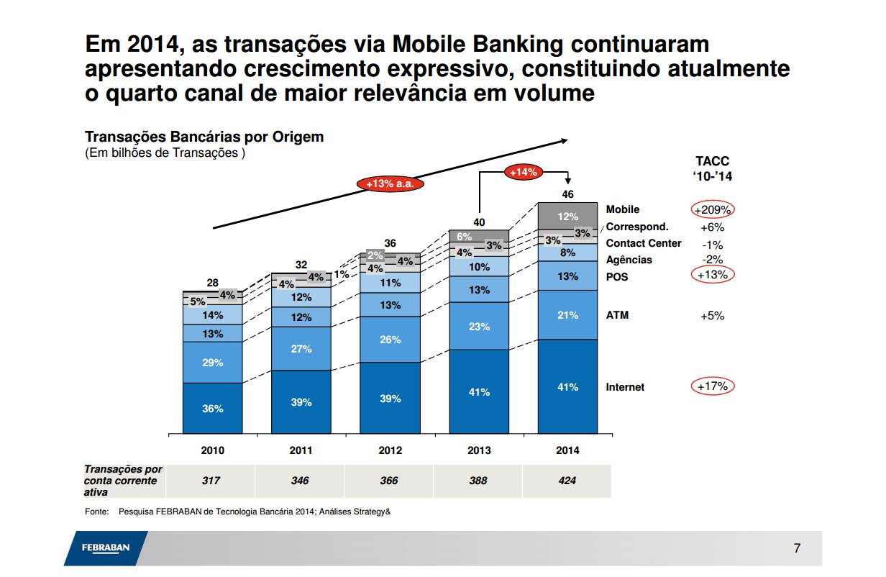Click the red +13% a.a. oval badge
389,183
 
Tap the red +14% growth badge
523,172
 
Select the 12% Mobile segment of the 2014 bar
567,217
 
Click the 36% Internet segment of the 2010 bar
212,408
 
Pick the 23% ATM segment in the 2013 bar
479,327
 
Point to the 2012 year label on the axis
390,450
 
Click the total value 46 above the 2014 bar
567,194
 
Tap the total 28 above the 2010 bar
213,283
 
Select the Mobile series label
622,209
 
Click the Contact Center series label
643,243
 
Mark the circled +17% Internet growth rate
712,386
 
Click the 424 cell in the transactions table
567,481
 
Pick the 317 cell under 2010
211,481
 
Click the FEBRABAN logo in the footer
105,548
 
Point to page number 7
797,548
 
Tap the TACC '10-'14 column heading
712,169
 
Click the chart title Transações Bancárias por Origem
204,137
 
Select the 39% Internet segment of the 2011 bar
301,402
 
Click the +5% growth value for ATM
712,315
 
